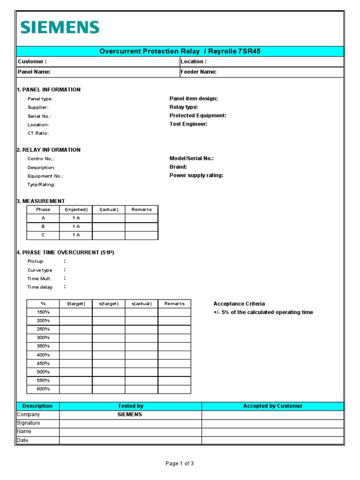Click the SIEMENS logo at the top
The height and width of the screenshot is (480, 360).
pos(60,27)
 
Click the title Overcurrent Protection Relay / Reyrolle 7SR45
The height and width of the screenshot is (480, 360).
pos(180,51)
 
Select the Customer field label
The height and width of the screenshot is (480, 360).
pos(32,61)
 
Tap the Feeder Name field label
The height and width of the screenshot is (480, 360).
pos(198,72)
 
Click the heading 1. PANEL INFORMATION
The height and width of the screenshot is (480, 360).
pos(49,90)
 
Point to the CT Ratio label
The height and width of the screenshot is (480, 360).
pos(38,133)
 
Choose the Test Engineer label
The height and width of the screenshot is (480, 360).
pos(188,124)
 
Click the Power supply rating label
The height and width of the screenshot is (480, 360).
pos(196,175)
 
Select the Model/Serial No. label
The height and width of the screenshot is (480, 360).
pos(191,158)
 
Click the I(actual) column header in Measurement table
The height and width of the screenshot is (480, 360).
pos(109,210)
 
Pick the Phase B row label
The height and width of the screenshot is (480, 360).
pos(43,226)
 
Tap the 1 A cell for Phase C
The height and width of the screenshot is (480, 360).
pos(76,235)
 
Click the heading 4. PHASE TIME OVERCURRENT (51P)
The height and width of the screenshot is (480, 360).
pos(66,253)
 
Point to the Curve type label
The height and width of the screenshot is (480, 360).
pos(40,270)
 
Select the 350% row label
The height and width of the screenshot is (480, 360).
pos(43,346)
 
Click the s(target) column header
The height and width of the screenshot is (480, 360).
pos(109,304)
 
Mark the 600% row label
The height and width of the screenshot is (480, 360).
pos(43,389)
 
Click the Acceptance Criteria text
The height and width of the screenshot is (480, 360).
pos(239,304)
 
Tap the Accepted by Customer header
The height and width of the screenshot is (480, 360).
pos(273,406)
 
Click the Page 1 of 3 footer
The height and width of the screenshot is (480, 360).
pos(180,464)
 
